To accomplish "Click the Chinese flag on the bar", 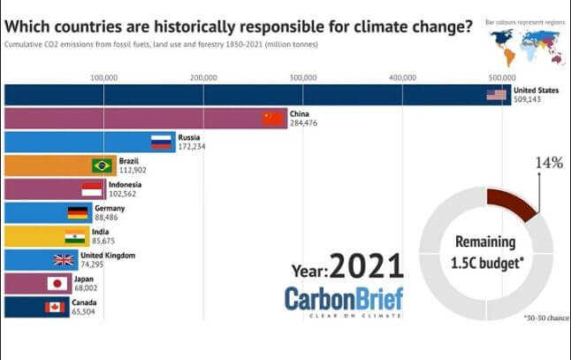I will [273, 118].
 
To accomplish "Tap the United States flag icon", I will [496, 95].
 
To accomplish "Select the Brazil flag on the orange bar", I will [103, 165].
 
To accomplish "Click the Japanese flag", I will [57, 284].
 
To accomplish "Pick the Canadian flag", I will [56, 307].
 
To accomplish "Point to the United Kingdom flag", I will [65, 260].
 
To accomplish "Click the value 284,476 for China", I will [305, 123].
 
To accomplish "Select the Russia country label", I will [190, 137].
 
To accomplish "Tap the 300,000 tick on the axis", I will [303, 77].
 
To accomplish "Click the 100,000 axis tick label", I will [104, 77].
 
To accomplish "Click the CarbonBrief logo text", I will [343, 298].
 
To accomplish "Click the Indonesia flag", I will [93, 189].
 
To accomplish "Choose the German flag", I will [79, 212].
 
